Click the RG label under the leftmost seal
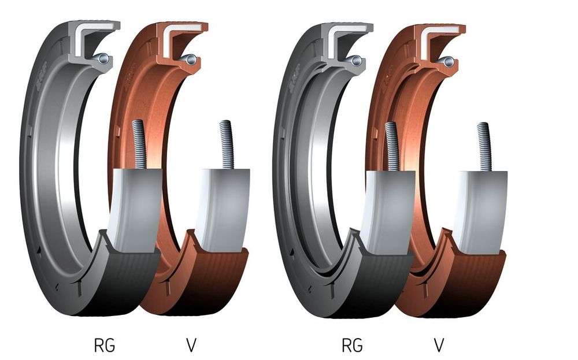coord(104,346)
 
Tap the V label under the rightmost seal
coord(439,346)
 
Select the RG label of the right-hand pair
coord(352,346)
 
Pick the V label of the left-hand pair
coord(191,346)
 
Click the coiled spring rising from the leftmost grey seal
coord(139,144)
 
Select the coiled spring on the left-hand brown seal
coord(227,145)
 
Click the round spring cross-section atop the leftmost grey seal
coord(103,58)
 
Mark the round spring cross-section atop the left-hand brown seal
coord(191,59)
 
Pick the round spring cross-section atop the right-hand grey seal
coord(355,60)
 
